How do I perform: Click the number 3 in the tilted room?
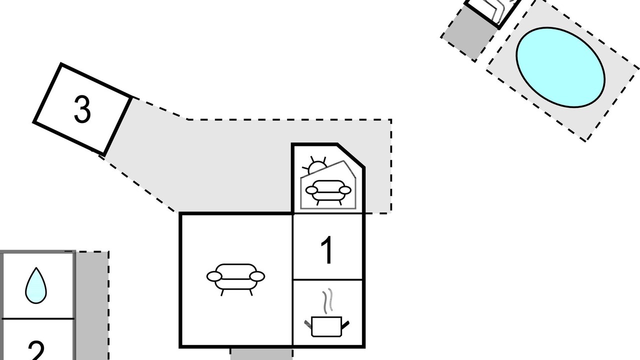tap(82, 109)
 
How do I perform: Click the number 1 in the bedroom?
tap(326, 250)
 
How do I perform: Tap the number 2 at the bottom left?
tap(36, 350)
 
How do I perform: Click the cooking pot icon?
tap(326, 326)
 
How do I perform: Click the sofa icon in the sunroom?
tap(327, 191)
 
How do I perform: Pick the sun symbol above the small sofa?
tap(317, 166)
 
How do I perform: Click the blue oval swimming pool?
tap(560, 67)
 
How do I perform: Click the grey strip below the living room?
tap(261, 354)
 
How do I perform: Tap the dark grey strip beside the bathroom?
tap(91, 305)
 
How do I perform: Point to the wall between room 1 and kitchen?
tap(328, 279)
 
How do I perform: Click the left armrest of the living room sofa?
tap(213, 276)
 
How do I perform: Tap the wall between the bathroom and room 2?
tap(37, 318)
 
